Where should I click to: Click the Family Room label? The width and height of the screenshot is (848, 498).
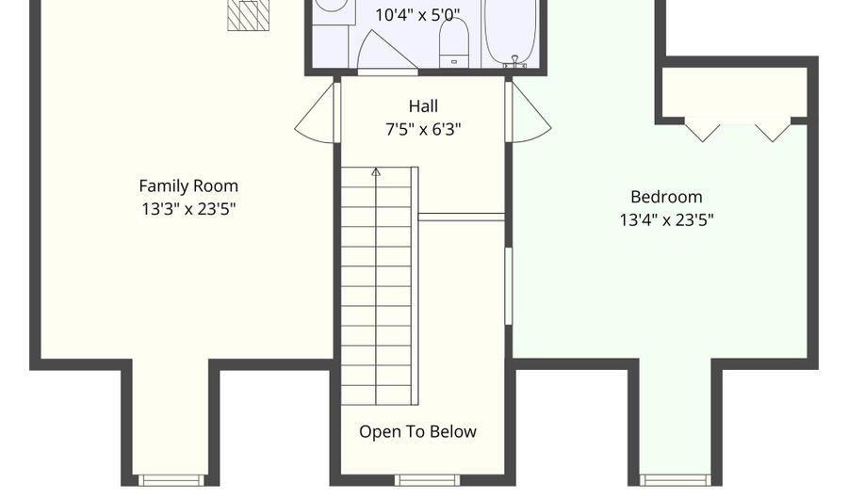[188, 186]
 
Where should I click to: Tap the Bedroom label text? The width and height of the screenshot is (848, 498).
[666, 197]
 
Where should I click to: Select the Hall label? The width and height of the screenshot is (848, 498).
[423, 105]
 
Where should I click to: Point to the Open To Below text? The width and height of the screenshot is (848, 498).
[418, 431]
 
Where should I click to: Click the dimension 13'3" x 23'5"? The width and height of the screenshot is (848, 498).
[188, 209]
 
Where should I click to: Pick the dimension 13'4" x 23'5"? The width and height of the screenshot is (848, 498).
[666, 220]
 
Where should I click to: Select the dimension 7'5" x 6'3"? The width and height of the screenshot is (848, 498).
[423, 130]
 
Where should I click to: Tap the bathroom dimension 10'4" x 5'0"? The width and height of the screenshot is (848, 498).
[417, 15]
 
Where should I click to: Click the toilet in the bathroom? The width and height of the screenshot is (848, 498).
[454, 43]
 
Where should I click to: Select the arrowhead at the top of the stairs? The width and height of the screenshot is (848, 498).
[376, 172]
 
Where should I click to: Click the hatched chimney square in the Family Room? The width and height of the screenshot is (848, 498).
[248, 15]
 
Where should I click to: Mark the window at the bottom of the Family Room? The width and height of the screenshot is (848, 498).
[171, 480]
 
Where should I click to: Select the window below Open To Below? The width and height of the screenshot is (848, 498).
[427, 480]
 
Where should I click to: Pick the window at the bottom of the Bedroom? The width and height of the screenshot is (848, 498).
[675, 480]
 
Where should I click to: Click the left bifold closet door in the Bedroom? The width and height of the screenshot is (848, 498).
[702, 130]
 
